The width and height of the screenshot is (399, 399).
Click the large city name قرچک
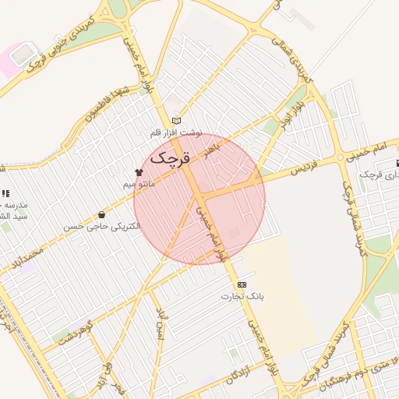pyautogui.click(x=169, y=157)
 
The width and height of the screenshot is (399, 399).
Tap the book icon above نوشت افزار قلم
pyautogui.click(x=177, y=121)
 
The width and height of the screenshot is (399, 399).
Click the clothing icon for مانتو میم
pyautogui.click(x=139, y=172)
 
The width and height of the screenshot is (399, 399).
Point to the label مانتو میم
pyautogui.click(x=139, y=185)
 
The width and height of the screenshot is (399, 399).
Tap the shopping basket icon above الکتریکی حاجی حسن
pyautogui.click(x=101, y=214)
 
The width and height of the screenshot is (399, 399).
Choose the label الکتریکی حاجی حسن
pyautogui.click(x=102, y=226)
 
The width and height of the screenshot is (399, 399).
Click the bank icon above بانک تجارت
pyautogui.click(x=242, y=284)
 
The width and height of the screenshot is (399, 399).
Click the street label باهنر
pyautogui.click(x=213, y=145)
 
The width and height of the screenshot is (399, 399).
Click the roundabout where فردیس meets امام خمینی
pyautogui.click(x=340, y=158)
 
